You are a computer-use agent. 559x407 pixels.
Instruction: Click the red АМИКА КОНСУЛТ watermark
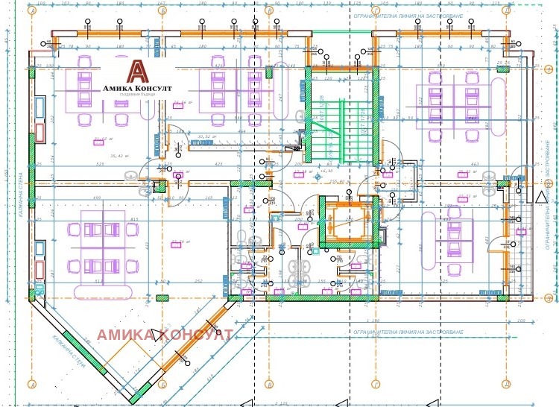click(x=165, y=335)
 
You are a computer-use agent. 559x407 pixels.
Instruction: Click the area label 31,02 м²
click(x=104, y=139)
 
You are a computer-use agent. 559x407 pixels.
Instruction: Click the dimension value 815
click(x=134, y=218)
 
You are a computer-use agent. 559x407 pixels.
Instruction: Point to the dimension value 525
click(x=99, y=164)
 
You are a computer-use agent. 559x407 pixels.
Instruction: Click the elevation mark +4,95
click(x=325, y=171)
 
